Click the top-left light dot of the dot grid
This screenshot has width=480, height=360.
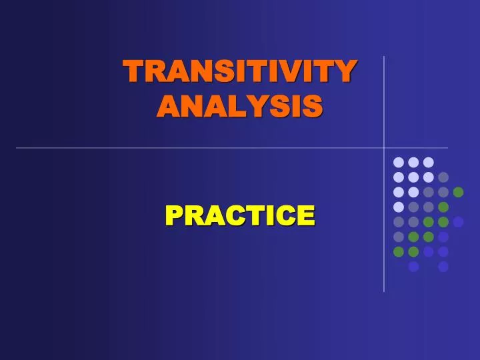point(399,162)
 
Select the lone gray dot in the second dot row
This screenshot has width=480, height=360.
point(443,177)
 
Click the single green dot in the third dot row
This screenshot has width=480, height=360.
point(458,192)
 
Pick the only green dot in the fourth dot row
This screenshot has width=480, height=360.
point(443,207)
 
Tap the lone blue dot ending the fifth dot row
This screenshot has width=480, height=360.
point(458,222)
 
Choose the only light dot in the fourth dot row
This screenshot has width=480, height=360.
point(399,207)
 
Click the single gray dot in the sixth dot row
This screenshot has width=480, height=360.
point(399,237)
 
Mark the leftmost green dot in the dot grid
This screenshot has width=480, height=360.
point(399,251)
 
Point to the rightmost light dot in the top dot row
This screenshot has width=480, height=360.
point(429,162)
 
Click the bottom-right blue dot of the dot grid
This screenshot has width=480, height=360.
point(443,267)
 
